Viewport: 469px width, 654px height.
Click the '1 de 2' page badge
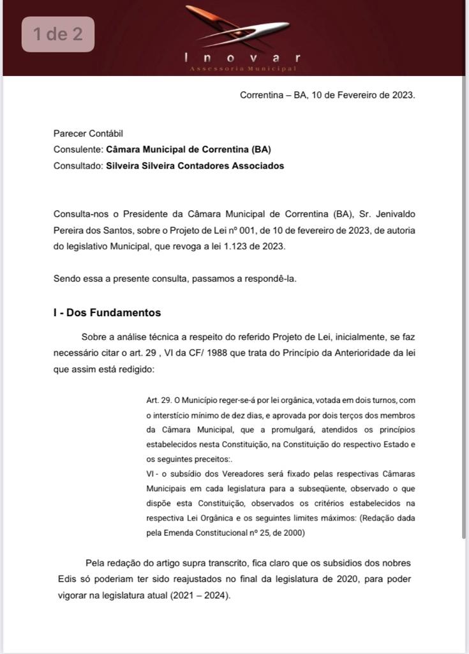58,34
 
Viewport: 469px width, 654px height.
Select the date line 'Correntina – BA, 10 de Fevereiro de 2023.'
327,95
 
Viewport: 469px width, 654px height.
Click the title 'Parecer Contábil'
88,133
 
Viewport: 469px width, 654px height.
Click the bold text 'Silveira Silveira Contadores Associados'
195,165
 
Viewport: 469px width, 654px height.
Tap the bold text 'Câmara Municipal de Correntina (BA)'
188,149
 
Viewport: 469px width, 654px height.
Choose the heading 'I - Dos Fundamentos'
107,313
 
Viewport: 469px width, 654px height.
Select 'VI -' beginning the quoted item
153,474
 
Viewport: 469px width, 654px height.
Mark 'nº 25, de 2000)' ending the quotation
274,533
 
